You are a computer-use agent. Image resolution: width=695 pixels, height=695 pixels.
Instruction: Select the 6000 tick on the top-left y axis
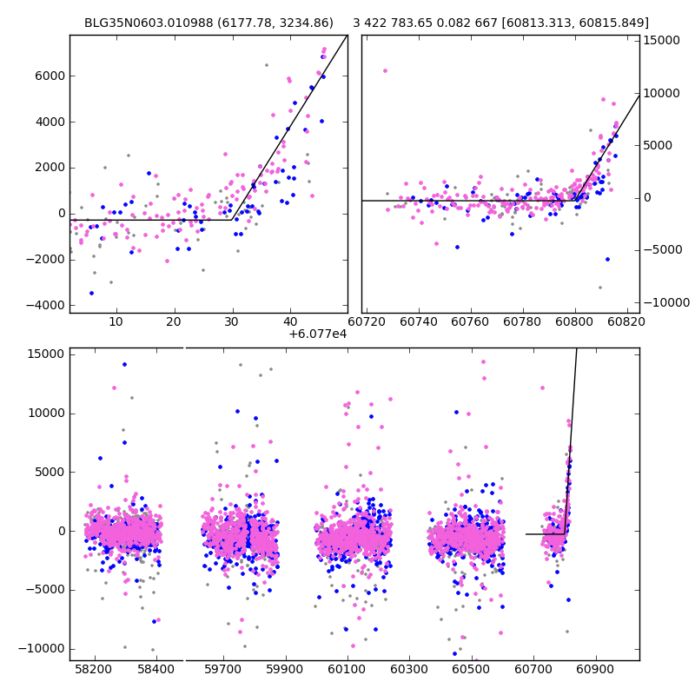(49, 76)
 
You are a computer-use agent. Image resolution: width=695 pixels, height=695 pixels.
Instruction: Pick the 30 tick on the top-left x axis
(232, 321)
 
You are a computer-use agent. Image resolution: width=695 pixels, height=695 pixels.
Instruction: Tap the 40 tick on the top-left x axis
(290, 321)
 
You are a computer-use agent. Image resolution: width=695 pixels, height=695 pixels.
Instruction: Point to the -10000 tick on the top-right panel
(665, 302)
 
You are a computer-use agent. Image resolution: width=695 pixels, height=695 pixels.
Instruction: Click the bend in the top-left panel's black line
(232, 219)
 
